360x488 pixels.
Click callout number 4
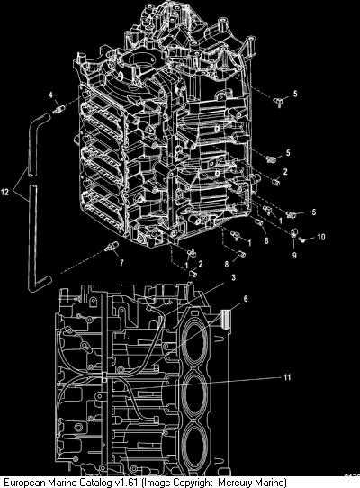click(50, 95)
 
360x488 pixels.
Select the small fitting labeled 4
click(58, 110)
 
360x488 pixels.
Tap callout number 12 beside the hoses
click(5, 192)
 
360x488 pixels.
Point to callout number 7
click(121, 263)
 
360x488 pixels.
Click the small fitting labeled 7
click(111, 246)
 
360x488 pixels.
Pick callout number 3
click(233, 276)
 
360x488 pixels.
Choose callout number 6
click(246, 299)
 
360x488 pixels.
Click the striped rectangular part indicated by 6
click(226, 320)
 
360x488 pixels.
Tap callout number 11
click(287, 377)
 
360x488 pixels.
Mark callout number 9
click(294, 256)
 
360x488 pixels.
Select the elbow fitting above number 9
click(294, 232)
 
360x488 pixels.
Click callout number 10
click(321, 237)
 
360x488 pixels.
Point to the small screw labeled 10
click(301, 240)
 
